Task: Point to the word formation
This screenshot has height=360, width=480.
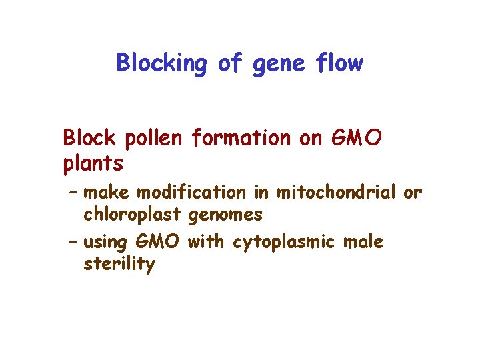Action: pyautogui.click(x=240, y=138)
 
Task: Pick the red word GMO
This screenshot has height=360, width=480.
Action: pyautogui.click(x=357, y=138)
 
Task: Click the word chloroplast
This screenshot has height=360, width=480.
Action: pyautogui.click(x=133, y=215)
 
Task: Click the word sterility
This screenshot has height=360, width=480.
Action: pyautogui.click(x=119, y=265)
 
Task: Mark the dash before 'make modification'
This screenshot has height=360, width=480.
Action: pyautogui.click(x=73, y=193)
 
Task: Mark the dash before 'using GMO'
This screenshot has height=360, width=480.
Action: pyautogui.click(x=73, y=241)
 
